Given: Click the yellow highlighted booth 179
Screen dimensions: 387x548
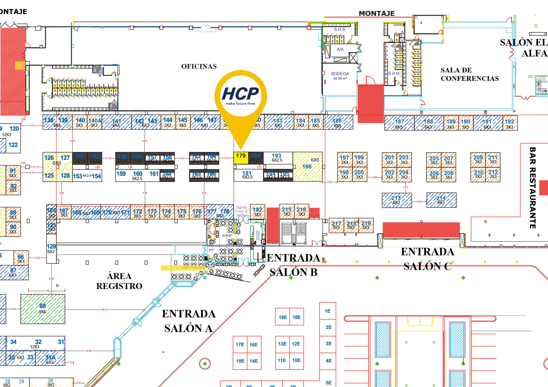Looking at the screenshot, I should [x=241, y=158].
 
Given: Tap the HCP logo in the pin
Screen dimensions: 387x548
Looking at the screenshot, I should [x=241, y=95].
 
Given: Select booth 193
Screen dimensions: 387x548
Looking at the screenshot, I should [x=277, y=158].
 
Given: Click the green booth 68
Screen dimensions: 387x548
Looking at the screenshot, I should [x=43, y=309].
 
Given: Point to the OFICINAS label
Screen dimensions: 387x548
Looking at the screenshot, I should [x=199, y=66].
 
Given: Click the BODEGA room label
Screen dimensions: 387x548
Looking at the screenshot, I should [x=340, y=74].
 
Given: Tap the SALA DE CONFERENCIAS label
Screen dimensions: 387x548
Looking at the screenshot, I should [x=470, y=74].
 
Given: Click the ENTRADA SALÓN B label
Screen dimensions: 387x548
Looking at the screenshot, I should [x=293, y=265].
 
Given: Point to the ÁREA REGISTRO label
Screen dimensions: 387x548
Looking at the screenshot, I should [x=119, y=281].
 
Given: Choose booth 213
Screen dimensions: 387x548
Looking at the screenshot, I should [x=396, y=200].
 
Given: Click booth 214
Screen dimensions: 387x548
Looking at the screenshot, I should [x=441, y=200].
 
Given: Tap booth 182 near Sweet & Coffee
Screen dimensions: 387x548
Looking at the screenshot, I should [x=257, y=212].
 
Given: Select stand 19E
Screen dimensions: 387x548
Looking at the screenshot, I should [x=283, y=317].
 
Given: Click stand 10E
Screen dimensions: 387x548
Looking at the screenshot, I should [x=296, y=360].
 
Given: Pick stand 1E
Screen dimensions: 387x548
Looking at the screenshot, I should [x=327, y=311].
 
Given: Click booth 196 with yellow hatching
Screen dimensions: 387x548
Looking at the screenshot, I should [x=307, y=167].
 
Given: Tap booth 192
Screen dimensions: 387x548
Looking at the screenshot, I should [x=510, y=123].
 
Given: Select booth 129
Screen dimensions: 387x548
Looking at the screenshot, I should [x=51, y=249].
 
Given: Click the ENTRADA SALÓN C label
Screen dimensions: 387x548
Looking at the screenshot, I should [x=427, y=259].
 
